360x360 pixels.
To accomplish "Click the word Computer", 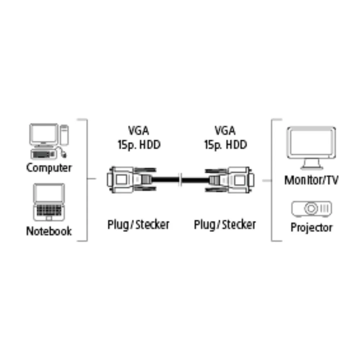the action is [49, 168].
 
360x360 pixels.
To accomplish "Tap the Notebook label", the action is [49, 231].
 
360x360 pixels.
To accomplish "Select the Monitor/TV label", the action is [311, 180].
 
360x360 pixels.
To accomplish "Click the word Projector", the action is [311, 228].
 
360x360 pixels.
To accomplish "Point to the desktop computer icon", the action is [49, 141].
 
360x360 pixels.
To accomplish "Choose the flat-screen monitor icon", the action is [311, 148].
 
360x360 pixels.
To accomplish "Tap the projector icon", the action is [311, 209].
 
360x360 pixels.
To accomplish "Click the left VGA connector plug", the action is [131, 180].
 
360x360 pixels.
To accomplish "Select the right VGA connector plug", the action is [230, 180].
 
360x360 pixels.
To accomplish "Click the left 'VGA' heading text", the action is [139, 131].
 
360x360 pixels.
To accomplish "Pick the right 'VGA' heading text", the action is [225, 131].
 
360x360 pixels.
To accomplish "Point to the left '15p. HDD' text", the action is [139, 145].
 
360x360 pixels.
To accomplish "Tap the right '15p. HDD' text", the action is [226, 145].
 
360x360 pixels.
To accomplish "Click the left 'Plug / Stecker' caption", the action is [139, 225].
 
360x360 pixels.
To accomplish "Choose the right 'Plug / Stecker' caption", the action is [225, 225].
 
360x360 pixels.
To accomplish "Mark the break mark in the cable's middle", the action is [180, 180].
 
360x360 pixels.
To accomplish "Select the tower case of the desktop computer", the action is [64, 135].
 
